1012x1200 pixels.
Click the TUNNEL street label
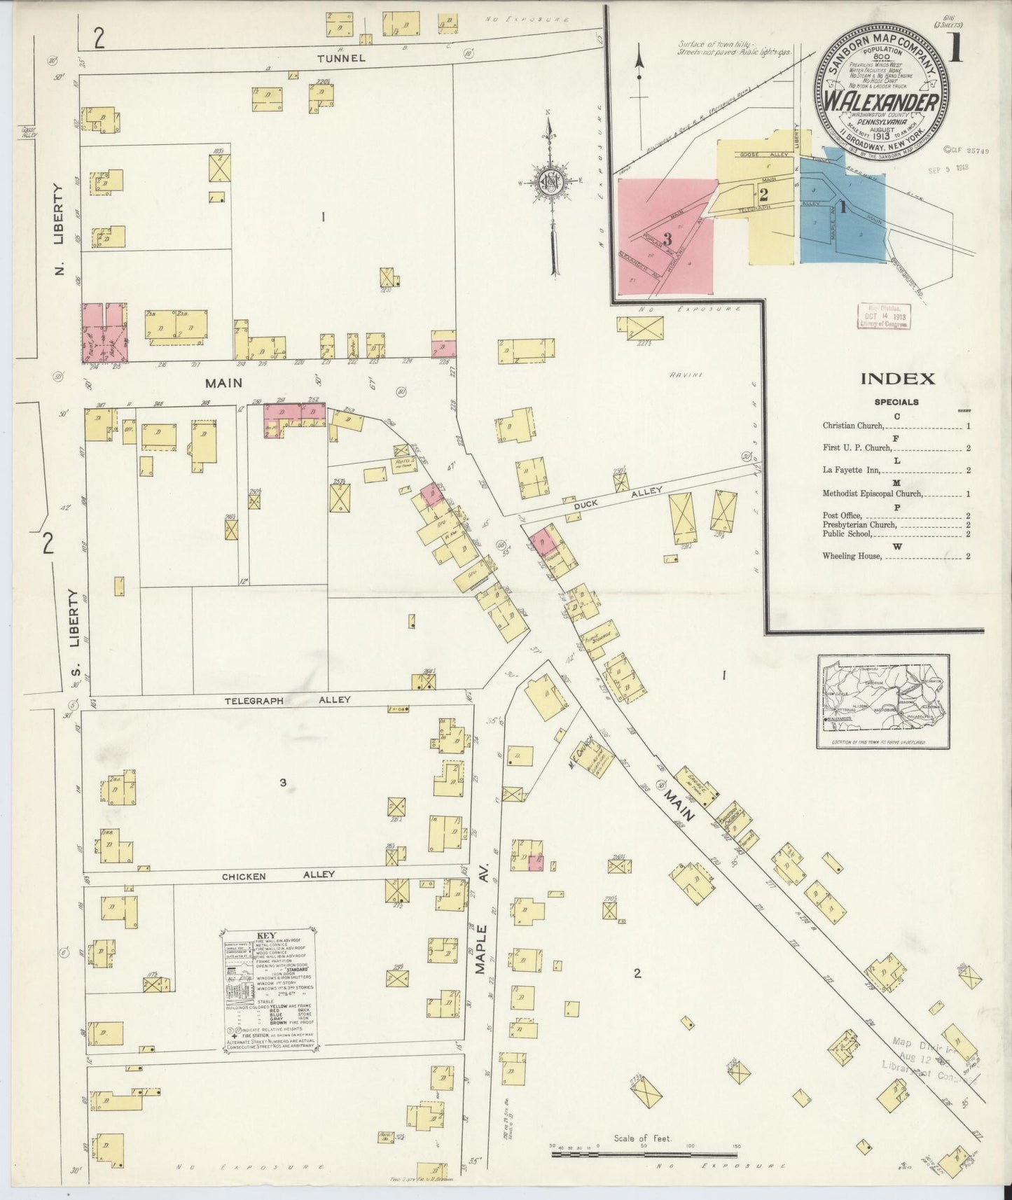pos(341,59)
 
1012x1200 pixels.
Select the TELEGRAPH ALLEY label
pos(287,699)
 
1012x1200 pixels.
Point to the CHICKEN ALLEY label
pos(278,874)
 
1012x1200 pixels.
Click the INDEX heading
pos(897,379)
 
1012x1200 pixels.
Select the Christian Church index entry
pos(854,426)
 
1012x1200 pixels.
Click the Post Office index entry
pos(842,515)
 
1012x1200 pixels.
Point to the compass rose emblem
pos(551,182)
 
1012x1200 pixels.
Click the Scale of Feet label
pos(642,1138)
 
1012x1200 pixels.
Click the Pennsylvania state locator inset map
pos(883,701)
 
